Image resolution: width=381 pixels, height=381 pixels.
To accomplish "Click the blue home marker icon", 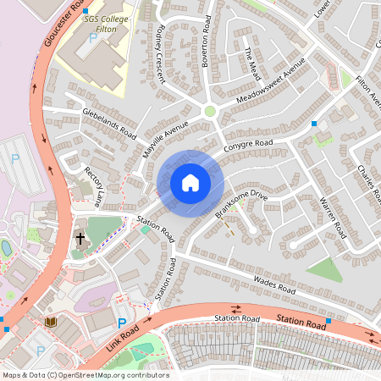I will pos(190,183).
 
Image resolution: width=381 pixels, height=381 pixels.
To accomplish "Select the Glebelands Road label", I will pos(108,123).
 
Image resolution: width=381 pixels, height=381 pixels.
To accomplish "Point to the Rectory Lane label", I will pos(93,186).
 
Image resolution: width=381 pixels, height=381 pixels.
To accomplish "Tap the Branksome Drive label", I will pos(240,203).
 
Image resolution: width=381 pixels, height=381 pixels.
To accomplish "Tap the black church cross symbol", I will pos(80,239).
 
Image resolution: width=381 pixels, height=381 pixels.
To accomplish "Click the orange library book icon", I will pos(50,322).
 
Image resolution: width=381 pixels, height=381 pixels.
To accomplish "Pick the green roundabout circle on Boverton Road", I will pos(210,111).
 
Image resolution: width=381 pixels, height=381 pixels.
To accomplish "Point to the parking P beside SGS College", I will pos(93,39).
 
